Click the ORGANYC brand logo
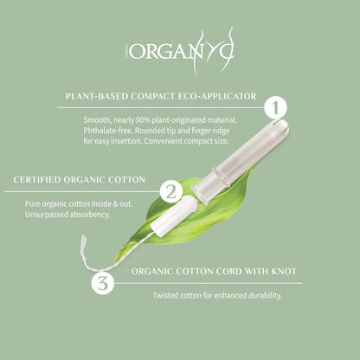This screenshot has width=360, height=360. pyautogui.click(x=181, y=54)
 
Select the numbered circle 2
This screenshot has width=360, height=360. pyautogui.click(x=171, y=190)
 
